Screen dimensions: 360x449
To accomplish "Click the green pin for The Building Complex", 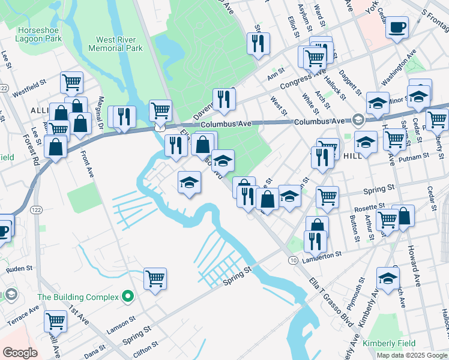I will click(x=127, y=296).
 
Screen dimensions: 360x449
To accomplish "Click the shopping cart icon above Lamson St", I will click(x=155, y=278).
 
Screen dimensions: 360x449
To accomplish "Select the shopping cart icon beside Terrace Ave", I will click(x=55, y=321).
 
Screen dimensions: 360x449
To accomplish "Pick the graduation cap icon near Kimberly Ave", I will click(x=388, y=278).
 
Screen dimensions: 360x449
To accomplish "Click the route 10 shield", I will click(x=293, y=260).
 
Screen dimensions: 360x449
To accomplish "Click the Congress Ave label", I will click(x=305, y=78).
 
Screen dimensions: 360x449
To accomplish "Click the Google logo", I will click(x=20, y=353).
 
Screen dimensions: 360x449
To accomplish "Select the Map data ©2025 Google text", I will click(x=412, y=355).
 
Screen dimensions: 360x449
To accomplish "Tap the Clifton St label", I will click(x=145, y=346).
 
